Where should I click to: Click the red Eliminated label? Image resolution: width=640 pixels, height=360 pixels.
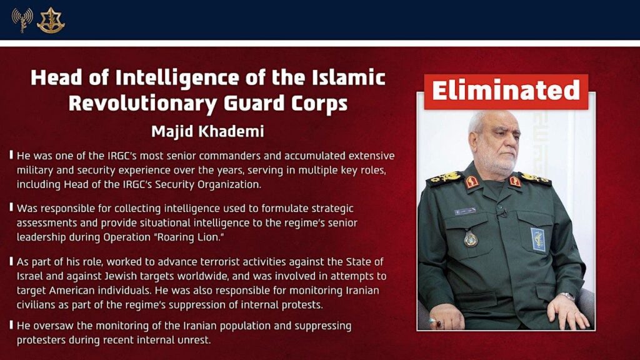(x=506, y=91)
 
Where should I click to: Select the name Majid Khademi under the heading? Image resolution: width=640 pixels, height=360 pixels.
(x=207, y=132)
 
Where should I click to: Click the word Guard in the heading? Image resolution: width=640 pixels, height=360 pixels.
(x=236, y=102)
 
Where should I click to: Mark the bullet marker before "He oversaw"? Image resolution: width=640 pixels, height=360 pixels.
(x=12, y=326)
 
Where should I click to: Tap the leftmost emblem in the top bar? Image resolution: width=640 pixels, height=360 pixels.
(x=22, y=19)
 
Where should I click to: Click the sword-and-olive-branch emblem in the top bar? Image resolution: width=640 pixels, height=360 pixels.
(x=51, y=20)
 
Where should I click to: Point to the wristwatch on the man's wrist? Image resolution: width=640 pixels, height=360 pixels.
(x=566, y=296)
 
